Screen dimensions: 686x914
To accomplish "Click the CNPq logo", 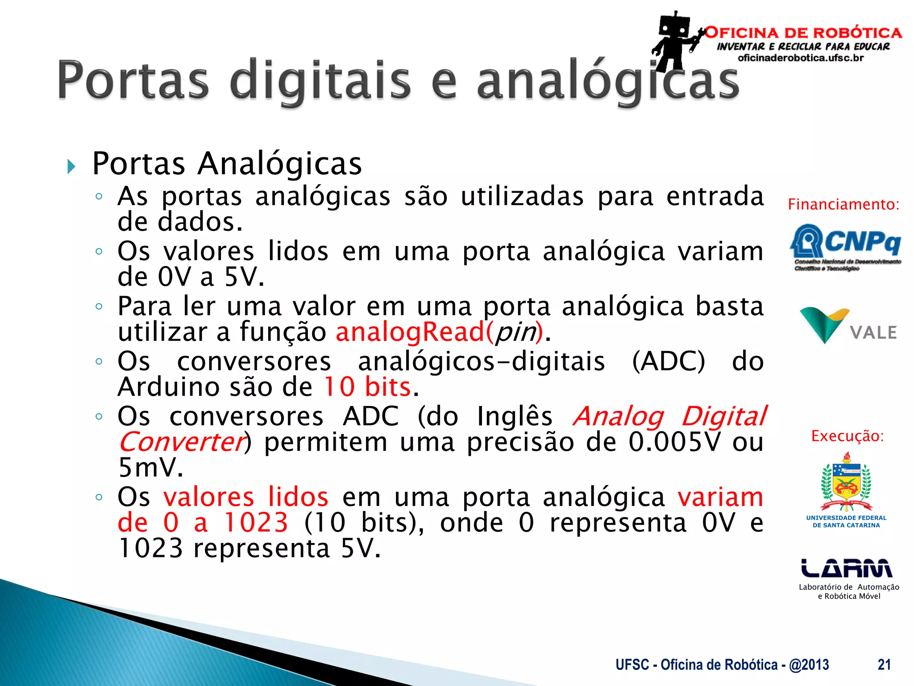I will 846,246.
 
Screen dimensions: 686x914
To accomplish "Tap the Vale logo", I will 848,326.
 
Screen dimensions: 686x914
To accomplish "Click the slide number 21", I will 884,665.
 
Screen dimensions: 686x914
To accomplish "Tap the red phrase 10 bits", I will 367,387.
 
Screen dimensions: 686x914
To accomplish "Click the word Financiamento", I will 843,205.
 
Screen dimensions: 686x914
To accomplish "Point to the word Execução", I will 847,436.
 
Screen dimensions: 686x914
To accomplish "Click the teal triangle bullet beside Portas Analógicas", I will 71,167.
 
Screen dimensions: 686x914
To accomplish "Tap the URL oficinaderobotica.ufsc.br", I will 801,58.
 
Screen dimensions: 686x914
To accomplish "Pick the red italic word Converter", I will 182,442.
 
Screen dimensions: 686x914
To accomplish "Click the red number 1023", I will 256,523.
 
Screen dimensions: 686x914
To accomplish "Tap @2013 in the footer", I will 809,665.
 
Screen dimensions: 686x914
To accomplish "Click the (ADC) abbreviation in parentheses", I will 669,361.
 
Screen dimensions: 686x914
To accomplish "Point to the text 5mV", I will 150,468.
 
